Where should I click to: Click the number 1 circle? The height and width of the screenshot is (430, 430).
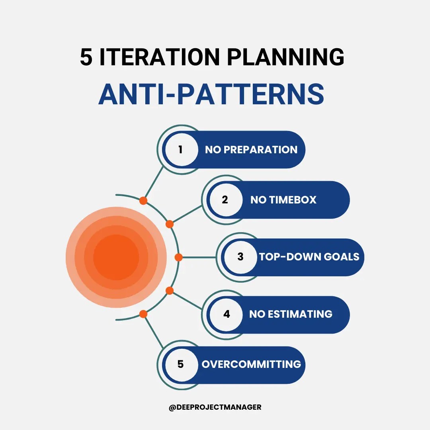click(x=181, y=150)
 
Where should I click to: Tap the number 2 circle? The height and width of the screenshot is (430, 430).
click(x=225, y=200)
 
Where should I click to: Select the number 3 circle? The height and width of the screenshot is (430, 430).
click(x=240, y=257)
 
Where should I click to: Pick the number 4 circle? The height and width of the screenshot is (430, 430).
click(x=226, y=314)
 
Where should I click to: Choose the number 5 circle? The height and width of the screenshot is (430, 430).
click(x=181, y=364)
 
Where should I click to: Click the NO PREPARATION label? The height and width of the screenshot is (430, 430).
click(x=251, y=150)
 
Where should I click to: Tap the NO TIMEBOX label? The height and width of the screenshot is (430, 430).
click(x=283, y=200)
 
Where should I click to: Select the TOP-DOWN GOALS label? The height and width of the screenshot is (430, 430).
click(x=309, y=257)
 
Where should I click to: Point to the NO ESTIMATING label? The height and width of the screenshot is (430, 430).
click(x=291, y=314)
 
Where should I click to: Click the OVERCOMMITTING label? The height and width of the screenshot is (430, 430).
click(x=251, y=364)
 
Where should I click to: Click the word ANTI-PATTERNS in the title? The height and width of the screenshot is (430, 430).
click(x=211, y=94)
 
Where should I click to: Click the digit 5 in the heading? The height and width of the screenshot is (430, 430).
click(x=86, y=58)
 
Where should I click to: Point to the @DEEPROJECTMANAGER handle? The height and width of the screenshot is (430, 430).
click(x=215, y=407)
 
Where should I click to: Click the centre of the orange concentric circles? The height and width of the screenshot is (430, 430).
click(x=116, y=257)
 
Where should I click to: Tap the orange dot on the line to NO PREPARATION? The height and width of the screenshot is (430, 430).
click(x=143, y=201)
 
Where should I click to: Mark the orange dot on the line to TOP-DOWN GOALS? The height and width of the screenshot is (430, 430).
click(x=178, y=257)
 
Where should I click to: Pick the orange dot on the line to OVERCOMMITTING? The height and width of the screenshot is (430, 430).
click(x=143, y=314)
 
